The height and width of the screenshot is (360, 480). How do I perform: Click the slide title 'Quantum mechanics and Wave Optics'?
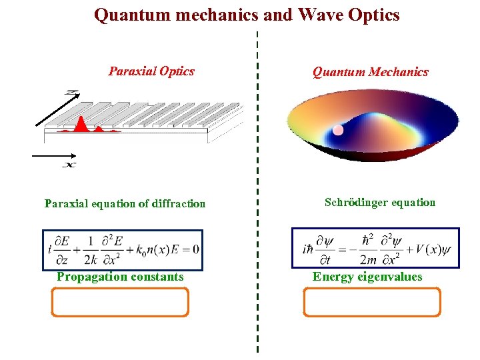(247, 15)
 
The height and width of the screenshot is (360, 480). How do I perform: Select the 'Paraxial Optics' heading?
(151, 71)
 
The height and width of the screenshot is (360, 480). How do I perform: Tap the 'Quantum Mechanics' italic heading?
(371, 72)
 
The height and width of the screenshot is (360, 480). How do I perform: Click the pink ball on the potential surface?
(338, 130)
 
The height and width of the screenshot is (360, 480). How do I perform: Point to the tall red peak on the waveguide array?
(79, 123)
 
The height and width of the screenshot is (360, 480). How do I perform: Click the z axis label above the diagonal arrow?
(71, 93)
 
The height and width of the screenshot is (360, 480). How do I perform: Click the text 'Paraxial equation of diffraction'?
(125, 203)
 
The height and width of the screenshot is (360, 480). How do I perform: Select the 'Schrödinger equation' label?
(380, 202)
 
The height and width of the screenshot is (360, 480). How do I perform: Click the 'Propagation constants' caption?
(120, 277)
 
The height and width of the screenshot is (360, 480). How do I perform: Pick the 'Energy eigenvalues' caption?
(367, 277)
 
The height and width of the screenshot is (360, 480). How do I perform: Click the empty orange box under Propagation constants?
(120, 302)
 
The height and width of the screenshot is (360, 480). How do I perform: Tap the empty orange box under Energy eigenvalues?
(372, 302)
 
